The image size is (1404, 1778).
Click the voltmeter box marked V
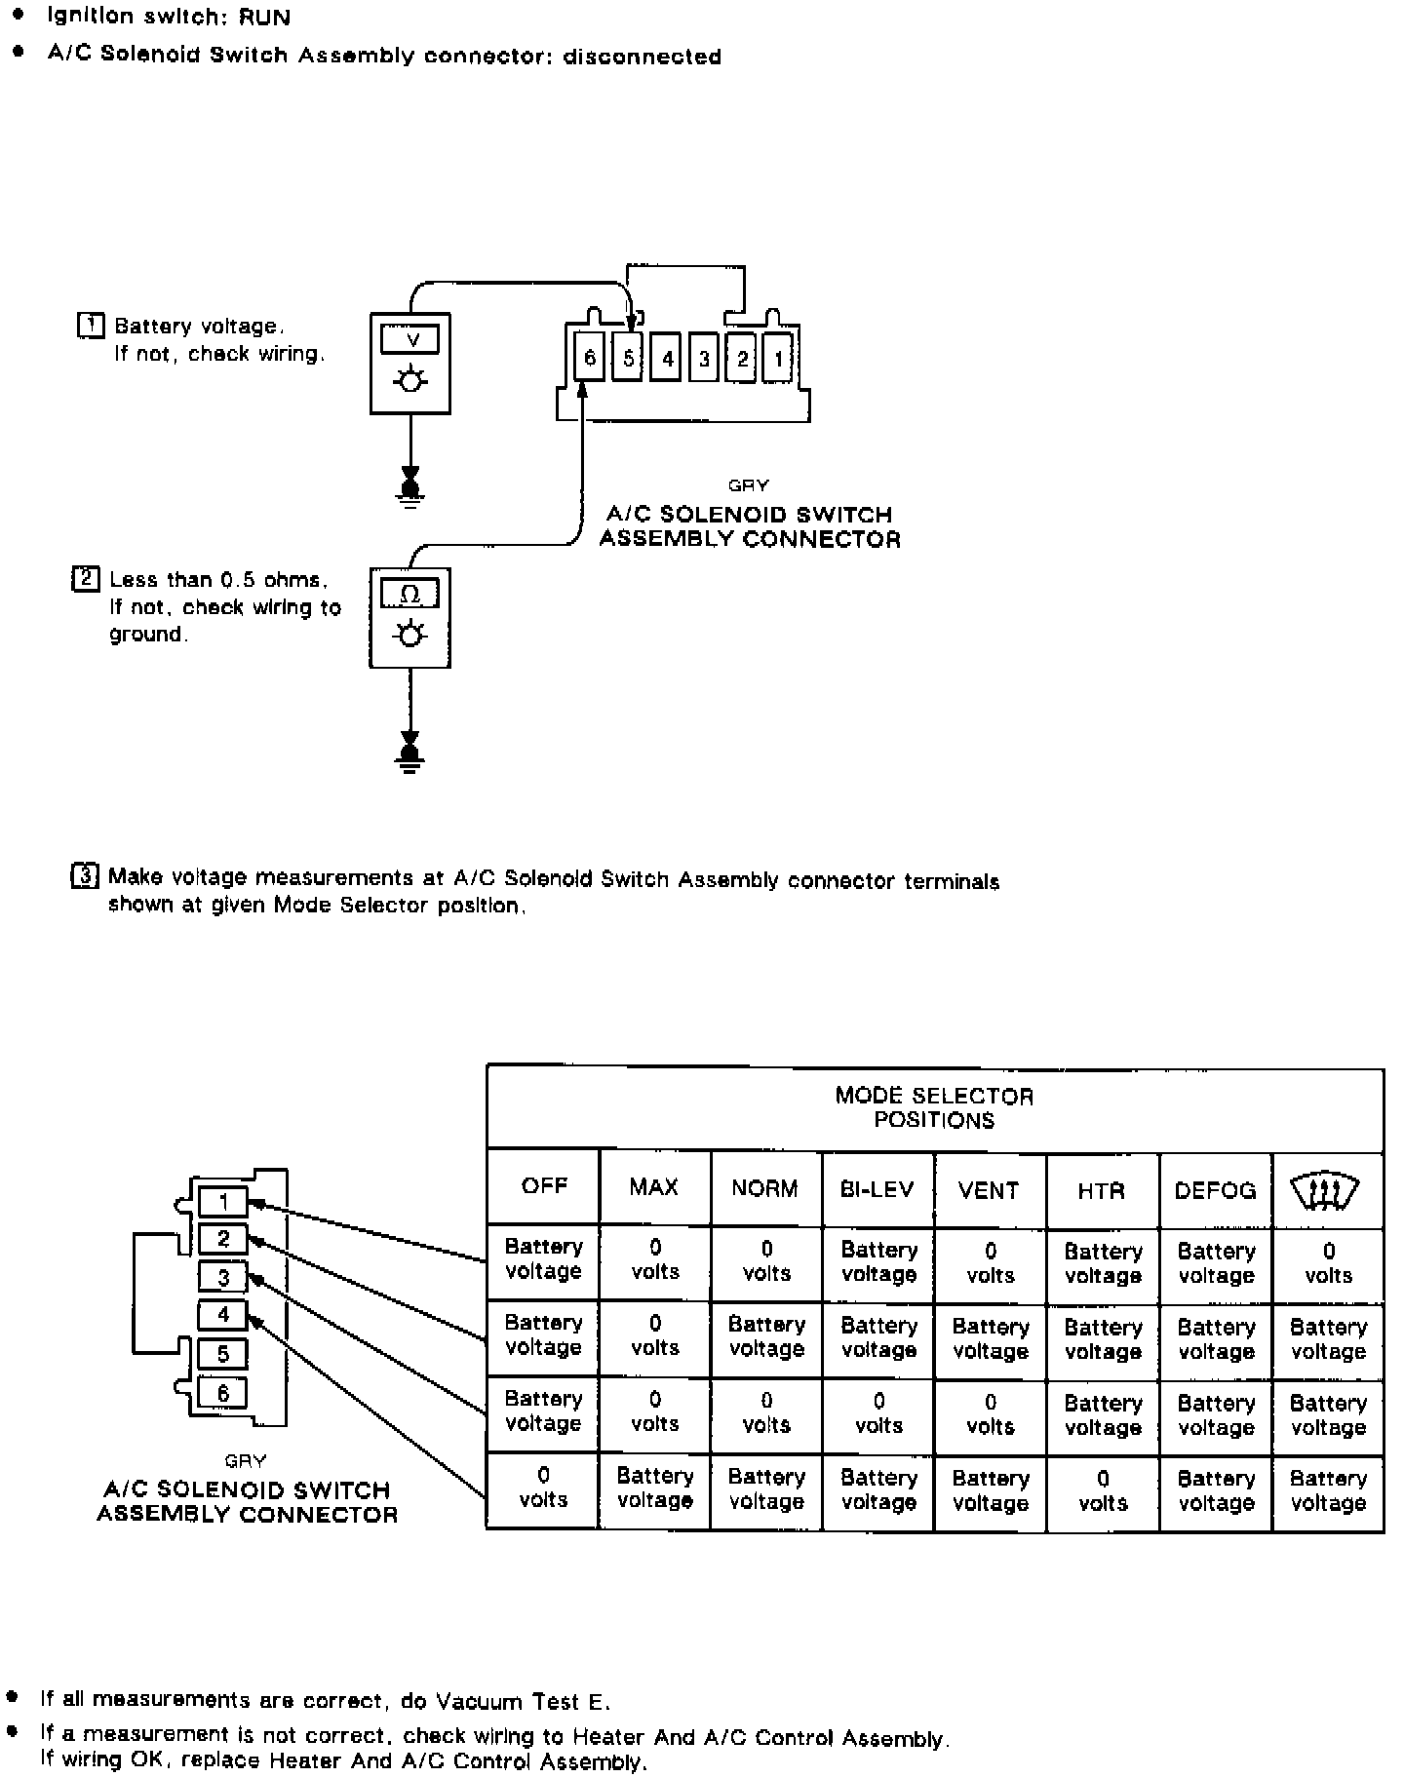point(409,363)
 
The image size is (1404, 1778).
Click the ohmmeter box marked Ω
point(409,618)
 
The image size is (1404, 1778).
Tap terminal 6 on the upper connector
point(589,358)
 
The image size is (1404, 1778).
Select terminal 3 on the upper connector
point(703,359)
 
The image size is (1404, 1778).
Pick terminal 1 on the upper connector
point(778,359)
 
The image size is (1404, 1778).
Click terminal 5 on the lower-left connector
point(223,1354)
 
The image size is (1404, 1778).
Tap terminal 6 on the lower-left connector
point(223,1393)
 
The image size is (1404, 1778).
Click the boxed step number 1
point(90,326)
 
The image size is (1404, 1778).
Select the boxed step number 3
point(85,876)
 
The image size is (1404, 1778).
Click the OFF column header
point(543,1186)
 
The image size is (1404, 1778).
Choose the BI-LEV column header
point(877,1189)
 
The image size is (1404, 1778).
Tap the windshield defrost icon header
point(1325,1190)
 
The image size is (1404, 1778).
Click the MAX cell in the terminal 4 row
point(654,1488)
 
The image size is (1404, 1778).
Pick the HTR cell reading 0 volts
point(1103,1490)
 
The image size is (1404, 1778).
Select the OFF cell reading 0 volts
point(543,1488)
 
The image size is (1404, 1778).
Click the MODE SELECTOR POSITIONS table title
point(934,1107)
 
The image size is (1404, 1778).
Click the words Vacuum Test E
point(522,1702)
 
